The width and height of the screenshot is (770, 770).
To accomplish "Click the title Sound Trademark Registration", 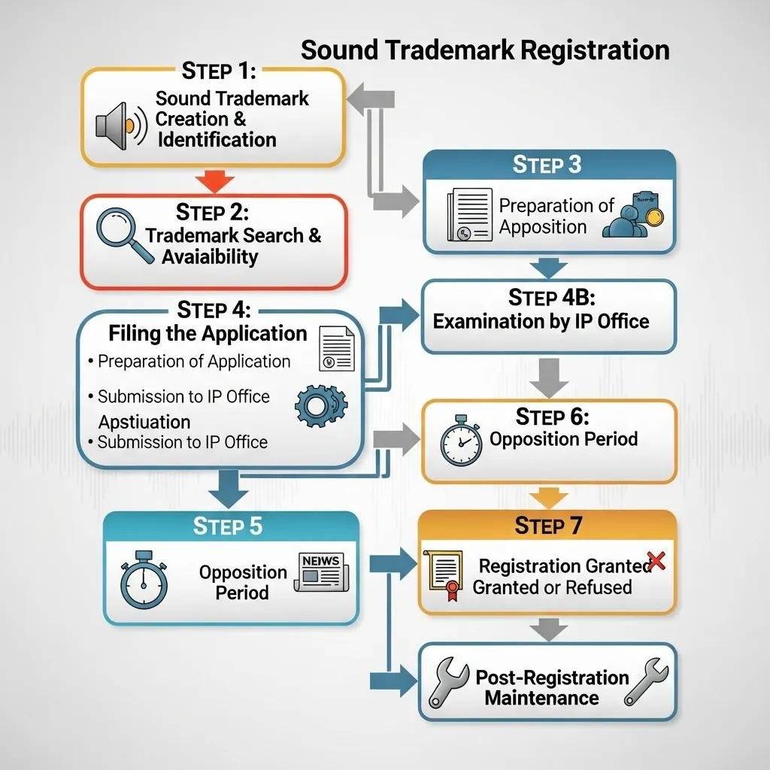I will point(484,50).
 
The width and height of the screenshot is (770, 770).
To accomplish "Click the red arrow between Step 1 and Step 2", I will point(214,181).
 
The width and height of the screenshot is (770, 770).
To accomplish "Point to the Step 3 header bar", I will point(549,165).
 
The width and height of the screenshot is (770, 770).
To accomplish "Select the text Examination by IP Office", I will point(541,321).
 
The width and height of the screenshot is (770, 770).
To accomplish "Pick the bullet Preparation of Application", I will point(193,361).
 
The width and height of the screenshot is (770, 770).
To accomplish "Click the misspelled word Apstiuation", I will point(144,421).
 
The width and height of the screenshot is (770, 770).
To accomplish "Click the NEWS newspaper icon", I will point(320,572).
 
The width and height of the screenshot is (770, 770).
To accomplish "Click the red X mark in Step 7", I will point(656,560).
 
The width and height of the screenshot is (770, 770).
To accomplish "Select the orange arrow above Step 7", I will point(549,496).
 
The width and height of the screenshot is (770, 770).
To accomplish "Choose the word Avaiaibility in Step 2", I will point(210,256).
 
